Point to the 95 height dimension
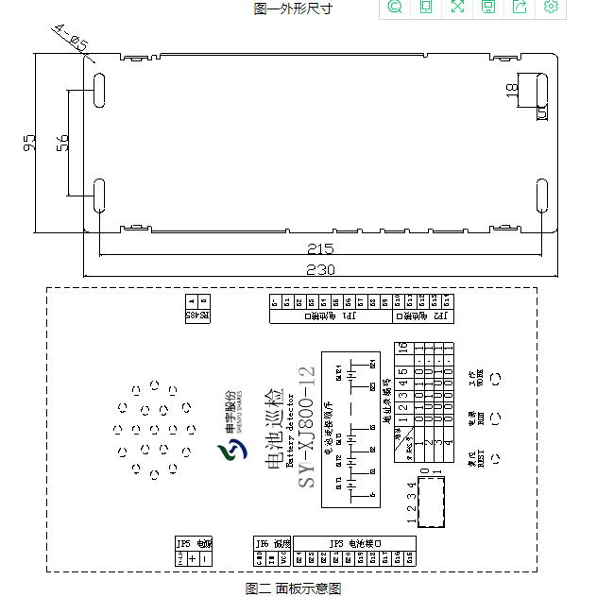click(x=28, y=144)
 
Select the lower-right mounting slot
click(x=541, y=196)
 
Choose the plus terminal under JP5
click(x=193, y=558)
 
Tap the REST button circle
click(x=494, y=463)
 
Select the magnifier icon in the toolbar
click(x=395, y=8)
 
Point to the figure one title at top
click(x=293, y=9)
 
